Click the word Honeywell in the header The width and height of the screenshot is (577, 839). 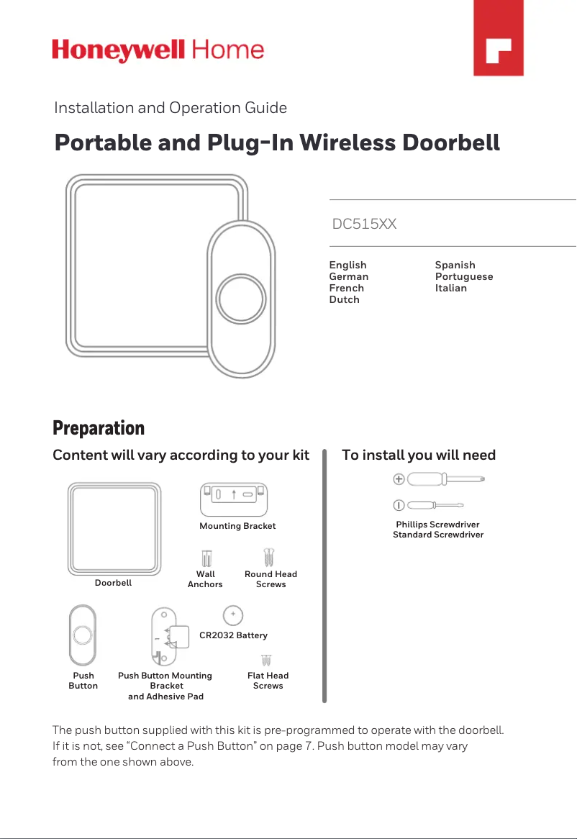click(119, 50)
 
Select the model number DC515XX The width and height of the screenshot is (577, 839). click(364, 224)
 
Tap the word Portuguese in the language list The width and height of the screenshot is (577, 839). click(464, 276)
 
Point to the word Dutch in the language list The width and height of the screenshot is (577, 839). click(344, 299)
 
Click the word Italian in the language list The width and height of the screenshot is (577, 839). click(450, 288)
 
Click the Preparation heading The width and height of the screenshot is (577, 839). click(99, 429)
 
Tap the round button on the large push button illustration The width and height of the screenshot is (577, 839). click(241, 298)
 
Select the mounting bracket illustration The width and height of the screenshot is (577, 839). click(234, 499)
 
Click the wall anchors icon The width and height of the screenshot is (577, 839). click(206, 559)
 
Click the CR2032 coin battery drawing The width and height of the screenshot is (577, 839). click(232, 615)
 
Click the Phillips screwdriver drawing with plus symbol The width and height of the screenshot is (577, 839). click(439, 479)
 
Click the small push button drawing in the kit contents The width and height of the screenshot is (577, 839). click(83, 636)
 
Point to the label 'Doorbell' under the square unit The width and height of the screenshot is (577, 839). click(113, 583)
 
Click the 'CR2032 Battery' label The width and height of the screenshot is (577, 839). click(233, 635)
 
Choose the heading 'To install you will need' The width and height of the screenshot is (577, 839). click(418, 455)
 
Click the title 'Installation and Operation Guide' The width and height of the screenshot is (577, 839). click(171, 108)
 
